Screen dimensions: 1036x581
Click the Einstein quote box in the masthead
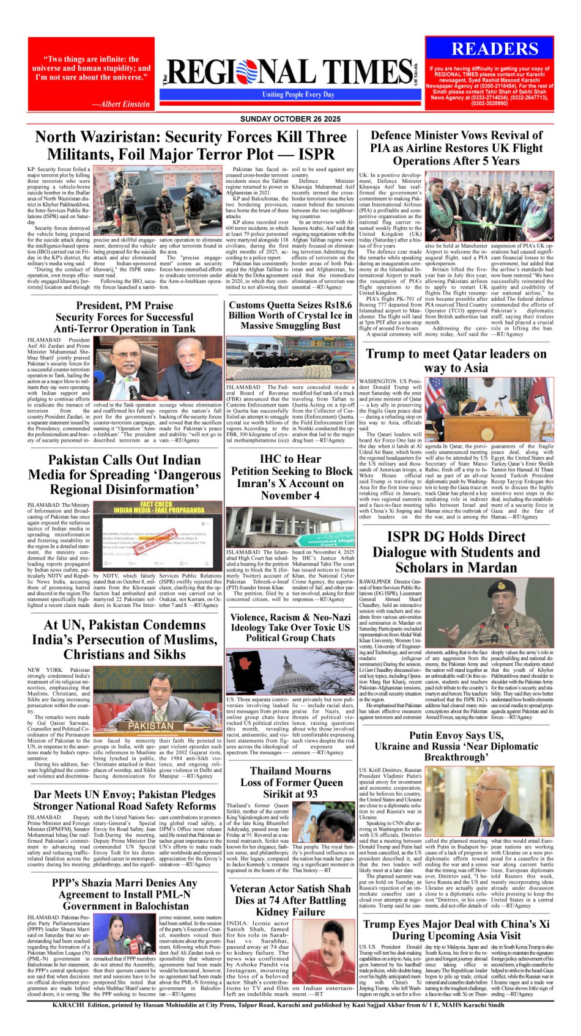(91, 75)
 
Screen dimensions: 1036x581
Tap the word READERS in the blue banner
(495, 49)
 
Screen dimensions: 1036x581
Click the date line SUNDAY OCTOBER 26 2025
(290, 119)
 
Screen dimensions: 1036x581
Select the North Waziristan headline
(191, 145)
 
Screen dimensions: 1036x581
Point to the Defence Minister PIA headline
(456, 148)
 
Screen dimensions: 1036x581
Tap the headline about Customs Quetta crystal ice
(290, 315)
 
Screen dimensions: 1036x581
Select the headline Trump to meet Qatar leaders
(456, 361)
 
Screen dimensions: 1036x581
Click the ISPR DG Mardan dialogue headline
(456, 552)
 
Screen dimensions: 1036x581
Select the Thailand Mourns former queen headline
(290, 782)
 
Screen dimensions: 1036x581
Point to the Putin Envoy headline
(456, 746)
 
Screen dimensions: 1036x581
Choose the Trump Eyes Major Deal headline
(456, 930)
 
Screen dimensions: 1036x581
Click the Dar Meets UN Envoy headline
(124, 800)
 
